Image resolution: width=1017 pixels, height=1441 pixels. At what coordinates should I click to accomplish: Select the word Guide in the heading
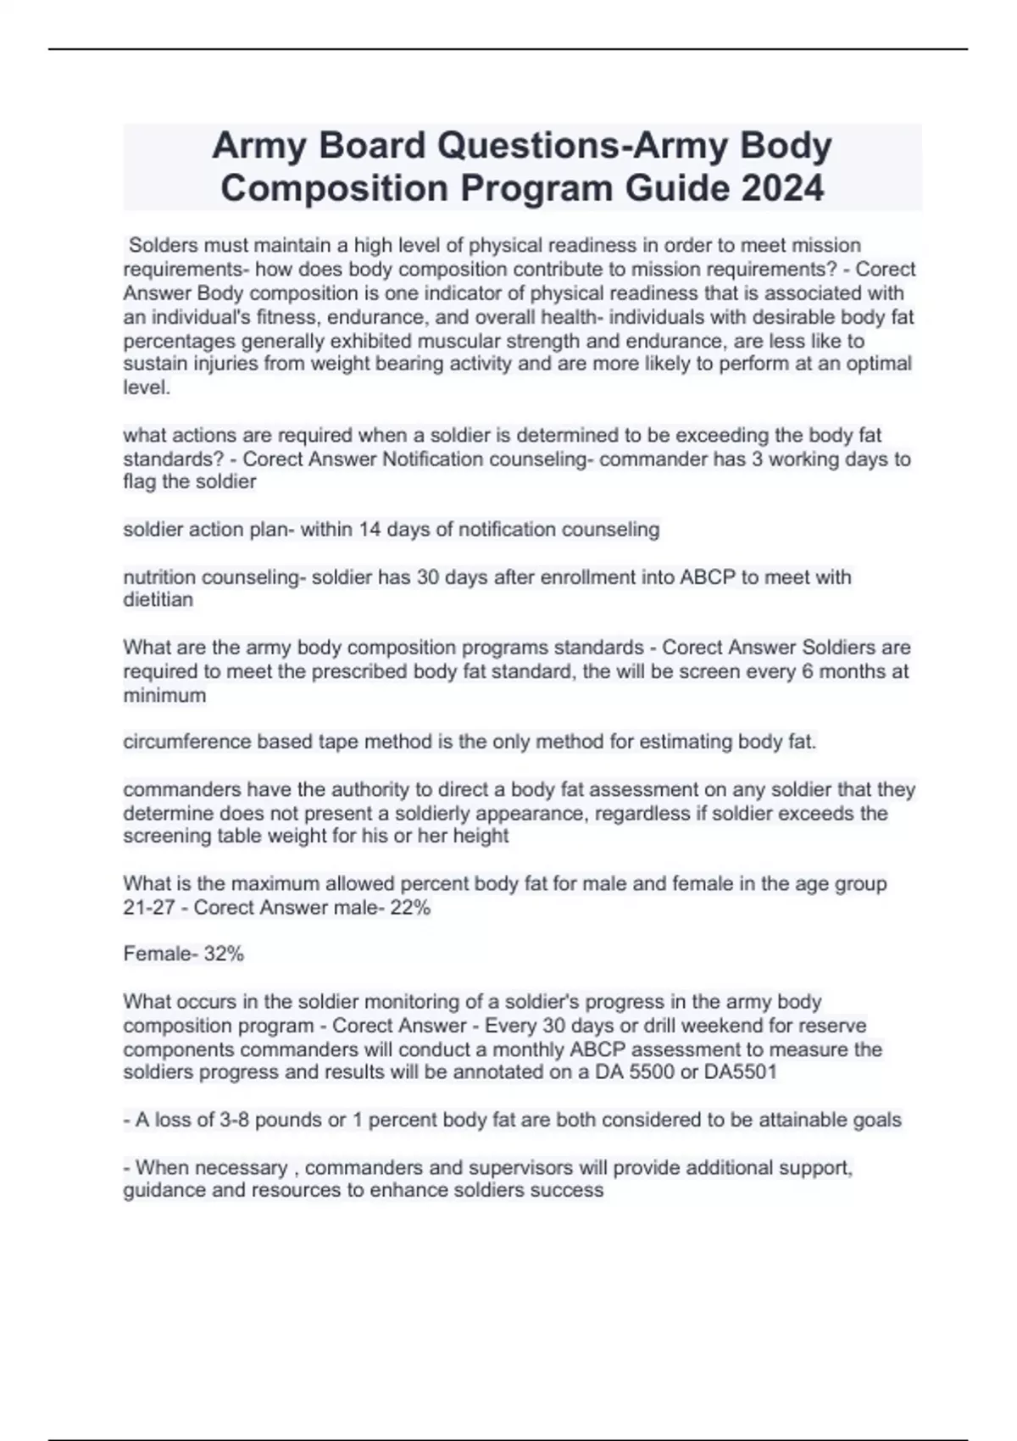(679, 188)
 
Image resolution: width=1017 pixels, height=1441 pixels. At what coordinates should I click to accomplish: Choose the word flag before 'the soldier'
(141, 482)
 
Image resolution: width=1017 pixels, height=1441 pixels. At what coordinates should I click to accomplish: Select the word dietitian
(158, 600)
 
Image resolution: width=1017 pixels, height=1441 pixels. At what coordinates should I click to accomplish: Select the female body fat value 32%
(224, 954)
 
